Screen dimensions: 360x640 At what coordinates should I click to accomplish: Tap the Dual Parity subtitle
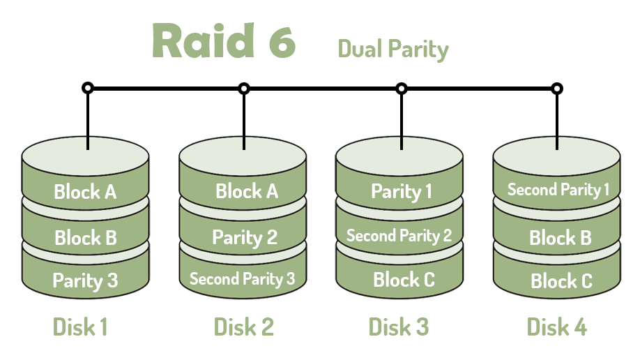pos(393,49)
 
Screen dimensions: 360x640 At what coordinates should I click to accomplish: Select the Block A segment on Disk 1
pos(85,191)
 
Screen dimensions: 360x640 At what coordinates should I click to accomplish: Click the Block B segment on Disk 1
pos(85,237)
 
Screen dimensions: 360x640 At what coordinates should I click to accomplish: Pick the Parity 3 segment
pos(85,280)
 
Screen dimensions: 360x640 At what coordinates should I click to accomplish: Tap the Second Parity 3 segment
pos(242,279)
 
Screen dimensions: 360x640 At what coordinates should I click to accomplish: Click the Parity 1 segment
pos(401,191)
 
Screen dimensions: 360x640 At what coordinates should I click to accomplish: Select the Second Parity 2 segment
pos(399,236)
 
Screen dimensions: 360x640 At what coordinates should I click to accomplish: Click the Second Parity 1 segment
pos(558,189)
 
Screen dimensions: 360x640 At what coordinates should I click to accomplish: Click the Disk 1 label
pos(80,326)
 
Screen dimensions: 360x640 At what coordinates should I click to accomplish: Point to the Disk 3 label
pos(398,326)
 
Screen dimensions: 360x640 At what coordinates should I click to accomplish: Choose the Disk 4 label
pos(556,326)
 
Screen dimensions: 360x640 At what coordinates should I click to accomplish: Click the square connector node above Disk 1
pos(87,89)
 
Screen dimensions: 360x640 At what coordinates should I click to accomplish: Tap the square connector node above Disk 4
pos(556,89)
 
